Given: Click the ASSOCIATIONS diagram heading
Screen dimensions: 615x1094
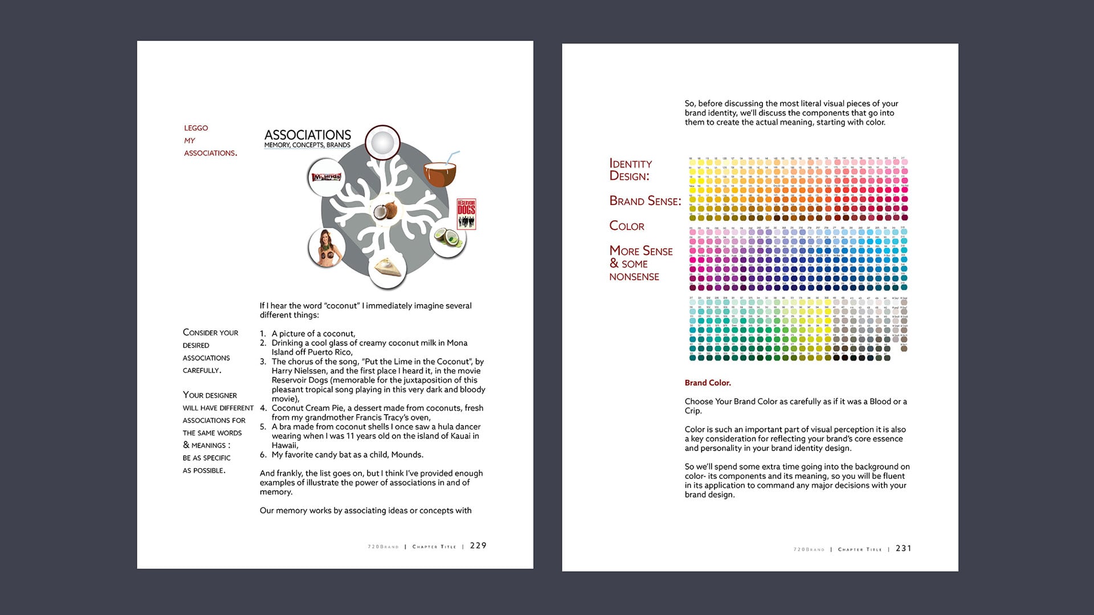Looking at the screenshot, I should pyautogui.click(x=308, y=135).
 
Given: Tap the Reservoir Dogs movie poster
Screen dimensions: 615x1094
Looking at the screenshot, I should pyautogui.click(x=466, y=214).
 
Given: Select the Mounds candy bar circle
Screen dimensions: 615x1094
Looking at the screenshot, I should pyautogui.click(x=326, y=178).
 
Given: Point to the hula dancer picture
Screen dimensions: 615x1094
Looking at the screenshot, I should pyautogui.click(x=326, y=247).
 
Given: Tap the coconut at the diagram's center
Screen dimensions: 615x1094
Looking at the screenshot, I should pyautogui.click(x=387, y=212).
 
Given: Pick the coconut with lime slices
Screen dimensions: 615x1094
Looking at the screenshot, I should pyautogui.click(x=447, y=238).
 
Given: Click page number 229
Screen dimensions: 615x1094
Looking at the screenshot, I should pyautogui.click(x=478, y=546).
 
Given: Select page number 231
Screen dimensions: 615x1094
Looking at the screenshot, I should pyautogui.click(x=903, y=548).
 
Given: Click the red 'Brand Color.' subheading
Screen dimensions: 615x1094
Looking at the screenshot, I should pyautogui.click(x=708, y=383).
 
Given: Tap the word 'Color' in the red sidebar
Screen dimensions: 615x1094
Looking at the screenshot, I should pyautogui.click(x=627, y=226).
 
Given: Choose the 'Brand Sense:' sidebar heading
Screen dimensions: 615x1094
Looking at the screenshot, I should pyautogui.click(x=645, y=201).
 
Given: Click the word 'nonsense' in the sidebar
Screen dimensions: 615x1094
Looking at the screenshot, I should pyautogui.click(x=634, y=277).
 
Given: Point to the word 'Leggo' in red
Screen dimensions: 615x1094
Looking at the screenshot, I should pyautogui.click(x=196, y=128).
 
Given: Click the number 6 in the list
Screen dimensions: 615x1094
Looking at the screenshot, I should pyautogui.click(x=263, y=455).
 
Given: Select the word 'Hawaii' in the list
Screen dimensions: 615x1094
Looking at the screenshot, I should pyautogui.click(x=284, y=445).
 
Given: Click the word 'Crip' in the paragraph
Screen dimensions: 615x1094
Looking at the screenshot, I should pyautogui.click(x=692, y=411).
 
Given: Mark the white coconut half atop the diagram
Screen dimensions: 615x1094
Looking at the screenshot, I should pyautogui.click(x=382, y=142).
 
